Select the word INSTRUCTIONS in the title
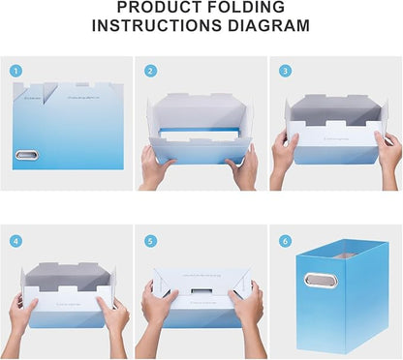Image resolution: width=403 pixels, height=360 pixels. coord(162,26)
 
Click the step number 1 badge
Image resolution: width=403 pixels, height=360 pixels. coord(15,71)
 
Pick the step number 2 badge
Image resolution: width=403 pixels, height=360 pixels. coord(150,71)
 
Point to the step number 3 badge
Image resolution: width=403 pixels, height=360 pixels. coord(284,71)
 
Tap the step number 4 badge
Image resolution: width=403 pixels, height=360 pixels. coord(15,241)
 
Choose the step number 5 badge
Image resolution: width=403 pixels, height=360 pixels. coord(150,241)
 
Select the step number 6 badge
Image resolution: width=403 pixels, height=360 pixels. coord(284,241)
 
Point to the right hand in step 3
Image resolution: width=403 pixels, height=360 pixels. coord(387,153)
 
